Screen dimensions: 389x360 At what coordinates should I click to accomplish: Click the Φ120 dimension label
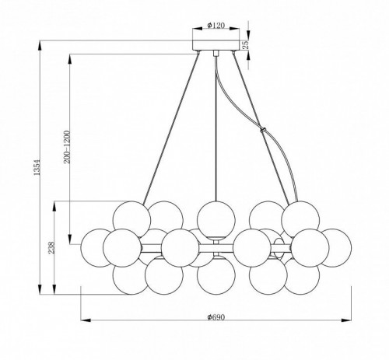tap(216, 25)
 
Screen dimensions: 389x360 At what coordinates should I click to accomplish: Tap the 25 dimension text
tap(246, 44)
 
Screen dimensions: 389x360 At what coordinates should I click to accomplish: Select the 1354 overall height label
tap(37, 167)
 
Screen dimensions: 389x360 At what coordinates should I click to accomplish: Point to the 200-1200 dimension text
tap(67, 147)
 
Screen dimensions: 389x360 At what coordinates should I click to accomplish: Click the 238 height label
tap(52, 247)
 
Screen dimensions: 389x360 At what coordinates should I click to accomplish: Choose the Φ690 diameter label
tap(216, 317)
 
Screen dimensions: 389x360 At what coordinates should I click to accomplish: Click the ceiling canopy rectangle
tap(216, 45)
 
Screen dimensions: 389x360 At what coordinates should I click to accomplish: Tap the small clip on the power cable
tap(264, 130)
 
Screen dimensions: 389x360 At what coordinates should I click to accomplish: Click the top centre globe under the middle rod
tap(216, 220)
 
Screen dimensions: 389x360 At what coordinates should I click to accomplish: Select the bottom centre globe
tap(216, 275)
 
